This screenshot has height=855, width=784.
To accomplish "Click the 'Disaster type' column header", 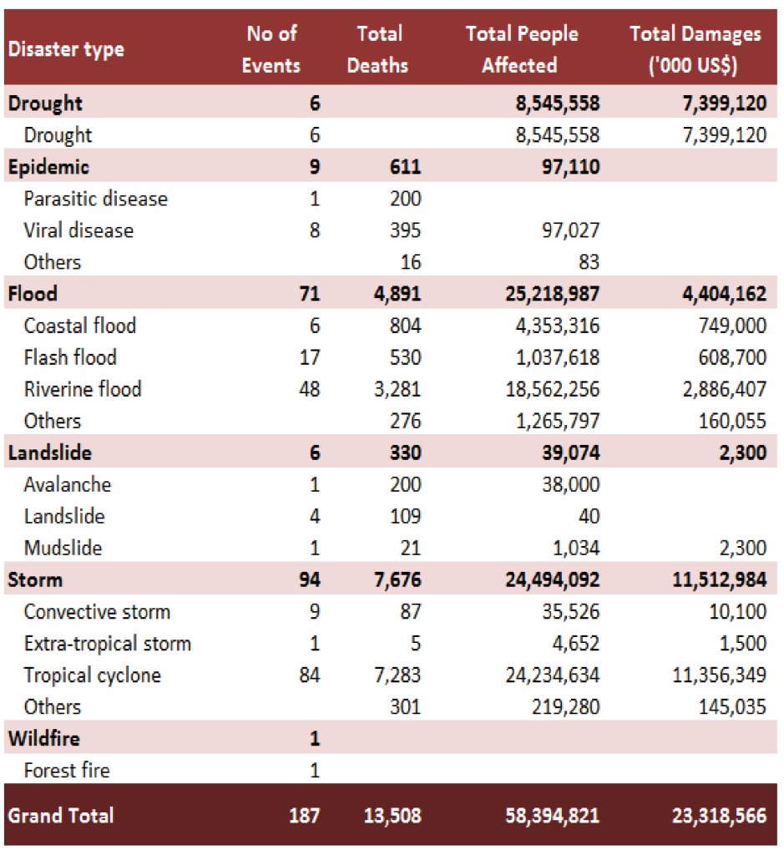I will (66, 49).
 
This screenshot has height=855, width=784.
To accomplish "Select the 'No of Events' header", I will (271, 49).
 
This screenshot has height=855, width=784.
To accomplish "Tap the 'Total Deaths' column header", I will (378, 49).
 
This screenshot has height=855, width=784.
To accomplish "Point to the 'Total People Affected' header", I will (522, 49).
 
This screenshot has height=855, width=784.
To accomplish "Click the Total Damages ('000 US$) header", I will (695, 49).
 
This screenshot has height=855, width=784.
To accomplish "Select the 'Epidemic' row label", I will (48, 167).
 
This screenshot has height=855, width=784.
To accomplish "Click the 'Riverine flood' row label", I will (83, 389).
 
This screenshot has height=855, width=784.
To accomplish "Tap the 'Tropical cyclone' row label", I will (93, 675).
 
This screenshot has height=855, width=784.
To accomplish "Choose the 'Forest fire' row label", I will (67, 770).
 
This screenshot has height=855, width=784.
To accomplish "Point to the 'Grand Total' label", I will (61, 816).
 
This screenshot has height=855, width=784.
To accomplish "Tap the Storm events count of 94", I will (309, 579).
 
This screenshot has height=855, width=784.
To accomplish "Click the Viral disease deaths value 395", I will (405, 230).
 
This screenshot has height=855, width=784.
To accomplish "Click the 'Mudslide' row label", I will (63, 548).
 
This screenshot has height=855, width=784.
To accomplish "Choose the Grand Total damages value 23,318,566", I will (719, 816).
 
